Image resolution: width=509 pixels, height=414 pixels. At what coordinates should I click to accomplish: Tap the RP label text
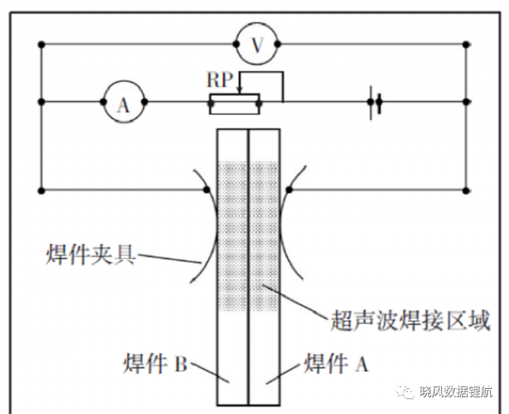(x=220, y=80)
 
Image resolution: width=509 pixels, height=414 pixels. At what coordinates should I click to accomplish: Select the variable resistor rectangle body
(x=234, y=104)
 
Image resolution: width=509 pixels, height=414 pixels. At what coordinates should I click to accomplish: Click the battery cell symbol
(x=375, y=103)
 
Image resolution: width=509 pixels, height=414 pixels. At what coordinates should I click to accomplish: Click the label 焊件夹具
(x=90, y=254)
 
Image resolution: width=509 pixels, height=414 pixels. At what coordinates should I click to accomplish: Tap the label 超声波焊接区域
(x=410, y=321)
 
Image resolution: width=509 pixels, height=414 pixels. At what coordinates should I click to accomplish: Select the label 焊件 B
(x=155, y=363)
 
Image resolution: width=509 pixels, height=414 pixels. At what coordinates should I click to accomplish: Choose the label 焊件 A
(x=336, y=363)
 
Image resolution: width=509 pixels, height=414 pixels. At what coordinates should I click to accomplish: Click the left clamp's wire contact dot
(x=206, y=190)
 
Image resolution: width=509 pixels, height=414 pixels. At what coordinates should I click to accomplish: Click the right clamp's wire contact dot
(x=289, y=190)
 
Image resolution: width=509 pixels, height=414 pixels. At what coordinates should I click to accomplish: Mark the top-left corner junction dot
(x=41, y=45)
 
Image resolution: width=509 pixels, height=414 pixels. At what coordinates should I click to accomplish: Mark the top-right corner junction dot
(x=466, y=45)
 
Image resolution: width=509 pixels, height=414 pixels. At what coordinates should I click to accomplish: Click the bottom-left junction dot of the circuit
(x=41, y=191)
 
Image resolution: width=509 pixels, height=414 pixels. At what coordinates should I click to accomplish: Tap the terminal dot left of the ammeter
(x=103, y=102)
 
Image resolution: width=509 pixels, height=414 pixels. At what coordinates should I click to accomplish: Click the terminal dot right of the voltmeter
(x=278, y=44)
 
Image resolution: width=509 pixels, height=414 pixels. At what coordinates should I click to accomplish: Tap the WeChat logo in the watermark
(x=405, y=391)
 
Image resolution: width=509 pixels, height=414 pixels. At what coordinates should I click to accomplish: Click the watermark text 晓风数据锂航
(x=456, y=392)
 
